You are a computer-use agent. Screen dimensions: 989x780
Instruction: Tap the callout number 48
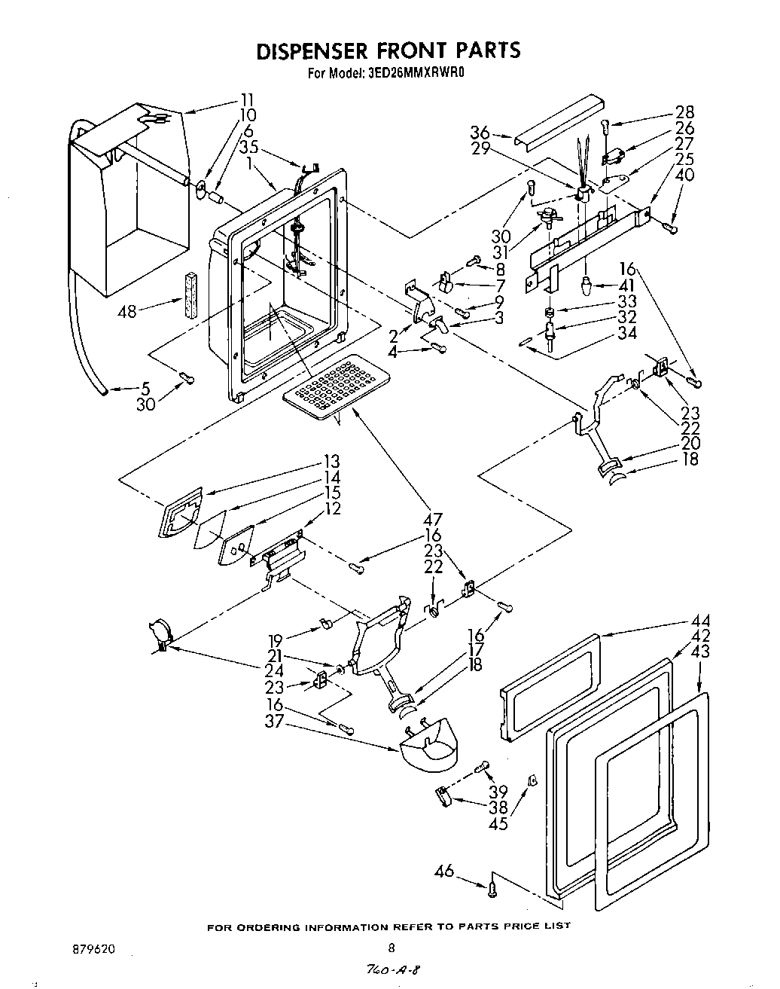[x=126, y=310]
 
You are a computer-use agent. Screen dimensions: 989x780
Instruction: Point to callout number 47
[x=433, y=519]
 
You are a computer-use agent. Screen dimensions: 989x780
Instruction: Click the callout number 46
[x=445, y=871]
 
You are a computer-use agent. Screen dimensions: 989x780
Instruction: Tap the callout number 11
[x=246, y=99]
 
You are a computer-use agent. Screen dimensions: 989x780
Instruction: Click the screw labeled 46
[x=492, y=888]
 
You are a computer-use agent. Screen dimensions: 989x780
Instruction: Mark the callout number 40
[x=686, y=175]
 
